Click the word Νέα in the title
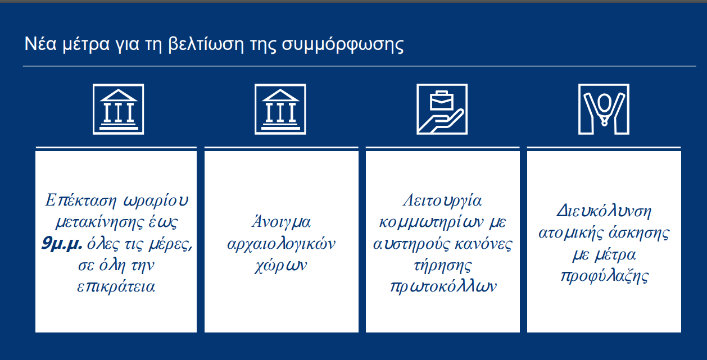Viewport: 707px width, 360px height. click(x=40, y=44)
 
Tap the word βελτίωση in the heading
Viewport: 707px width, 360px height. click(x=206, y=44)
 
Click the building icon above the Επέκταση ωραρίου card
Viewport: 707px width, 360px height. click(x=119, y=109)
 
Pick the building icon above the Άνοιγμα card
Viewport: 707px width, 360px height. click(x=280, y=109)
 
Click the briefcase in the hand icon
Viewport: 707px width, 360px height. click(x=442, y=101)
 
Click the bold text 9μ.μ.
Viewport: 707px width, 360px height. click(x=62, y=244)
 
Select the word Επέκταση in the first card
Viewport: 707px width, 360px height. click(x=81, y=200)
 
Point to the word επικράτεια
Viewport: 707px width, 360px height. click(x=116, y=287)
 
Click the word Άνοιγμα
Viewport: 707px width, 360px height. click(x=281, y=221)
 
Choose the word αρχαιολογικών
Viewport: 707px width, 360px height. click(x=281, y=244)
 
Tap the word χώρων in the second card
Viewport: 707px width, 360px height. click(x=280, y=266)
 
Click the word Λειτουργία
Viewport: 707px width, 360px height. click(x=442, y=201)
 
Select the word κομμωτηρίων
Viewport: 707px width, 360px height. click(x=431, y=222)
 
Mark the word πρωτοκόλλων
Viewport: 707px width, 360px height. click(x=443, y=287)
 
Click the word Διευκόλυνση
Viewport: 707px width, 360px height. click(x=604, y=211)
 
